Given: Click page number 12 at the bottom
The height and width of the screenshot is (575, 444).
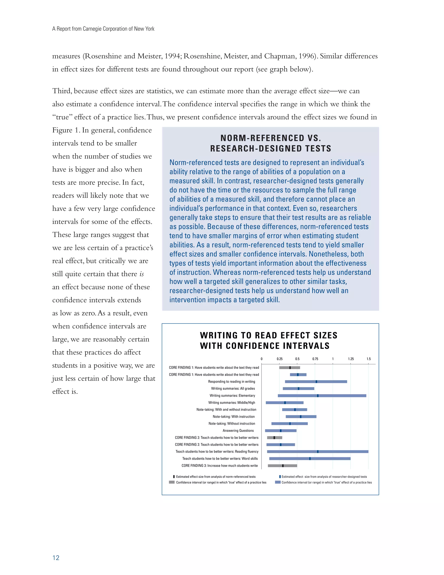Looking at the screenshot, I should pyautogui.click(x=56, y=557).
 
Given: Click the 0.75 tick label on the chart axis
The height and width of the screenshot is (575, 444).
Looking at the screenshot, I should pyautogui.click(x=315, y=359).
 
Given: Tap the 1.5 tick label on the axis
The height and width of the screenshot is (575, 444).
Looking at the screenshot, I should pyautogui.click(x=369, y=359).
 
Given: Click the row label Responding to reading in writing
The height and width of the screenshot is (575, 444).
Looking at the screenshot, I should pyautogui.click(x=232, y=381).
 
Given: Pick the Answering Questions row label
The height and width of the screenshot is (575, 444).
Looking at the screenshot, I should pyautogui.click(x=238, y=430).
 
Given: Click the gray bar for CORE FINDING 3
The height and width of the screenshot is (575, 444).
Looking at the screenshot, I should pyautogui.click(x=282, y=466).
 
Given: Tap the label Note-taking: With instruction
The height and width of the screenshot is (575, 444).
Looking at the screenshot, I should pyautogui.click(x=233, y=417).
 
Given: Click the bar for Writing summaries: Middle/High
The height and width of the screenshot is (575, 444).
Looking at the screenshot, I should pyautogui.click(x=285, y=402).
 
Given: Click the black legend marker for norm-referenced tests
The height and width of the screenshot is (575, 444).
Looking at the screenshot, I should pyautogui.click(x=174, y=476).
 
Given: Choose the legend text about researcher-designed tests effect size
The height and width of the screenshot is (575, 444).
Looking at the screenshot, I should pyautogui.click(x=324, y=476).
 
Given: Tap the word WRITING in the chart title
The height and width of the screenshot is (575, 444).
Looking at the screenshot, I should pyautogui.click(x=219, y=335).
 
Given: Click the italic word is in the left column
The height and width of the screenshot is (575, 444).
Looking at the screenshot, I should pyautogui.click(x=142, y=274).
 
